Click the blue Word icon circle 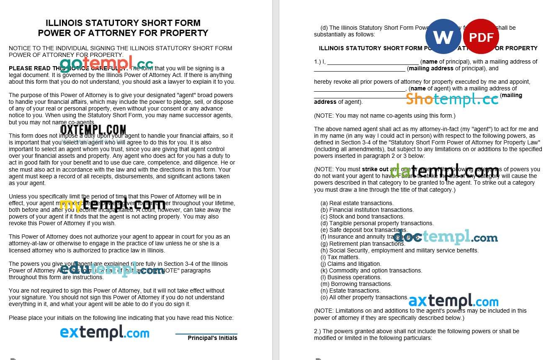pos(443,36)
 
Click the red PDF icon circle pos(481,36)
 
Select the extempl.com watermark pos(105,333)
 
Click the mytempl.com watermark pos(112,204)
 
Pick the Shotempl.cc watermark pos(452,99)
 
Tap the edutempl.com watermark pos(112,270)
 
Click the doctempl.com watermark pos(446,237)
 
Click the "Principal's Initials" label pos(212,338)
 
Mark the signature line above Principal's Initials pos(206,334)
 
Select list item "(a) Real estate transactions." pos(357,203)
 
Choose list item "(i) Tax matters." pos(340,257)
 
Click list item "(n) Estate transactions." pos(350,291)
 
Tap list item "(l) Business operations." pos(351,277)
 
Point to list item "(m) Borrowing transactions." pos(356,284)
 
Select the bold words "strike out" pos(375,170)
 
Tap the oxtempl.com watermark pos(93,130)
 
